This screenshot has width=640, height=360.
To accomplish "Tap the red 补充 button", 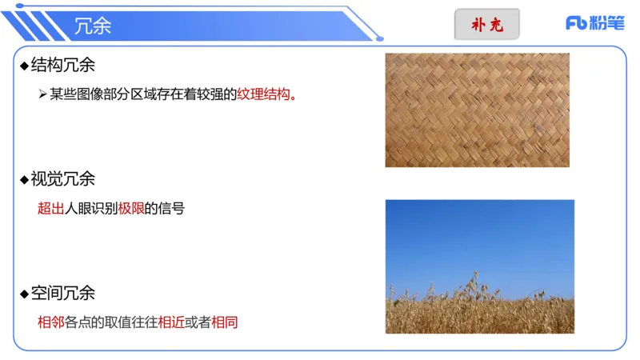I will (x=486, y=25).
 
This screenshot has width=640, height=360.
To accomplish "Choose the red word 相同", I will (x=225, y=323).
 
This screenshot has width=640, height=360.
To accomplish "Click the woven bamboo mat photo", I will (x=477, y=110).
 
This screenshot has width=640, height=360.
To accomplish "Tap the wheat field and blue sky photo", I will (x=479, y=266).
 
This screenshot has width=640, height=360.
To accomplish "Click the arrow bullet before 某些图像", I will (x=43, y=94).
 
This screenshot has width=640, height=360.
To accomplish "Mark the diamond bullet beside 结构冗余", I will (x=24, y=66).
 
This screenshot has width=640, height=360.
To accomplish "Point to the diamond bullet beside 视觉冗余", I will (x=24, y=180).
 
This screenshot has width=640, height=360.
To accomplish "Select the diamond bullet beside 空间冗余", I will (x=24, y=294).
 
